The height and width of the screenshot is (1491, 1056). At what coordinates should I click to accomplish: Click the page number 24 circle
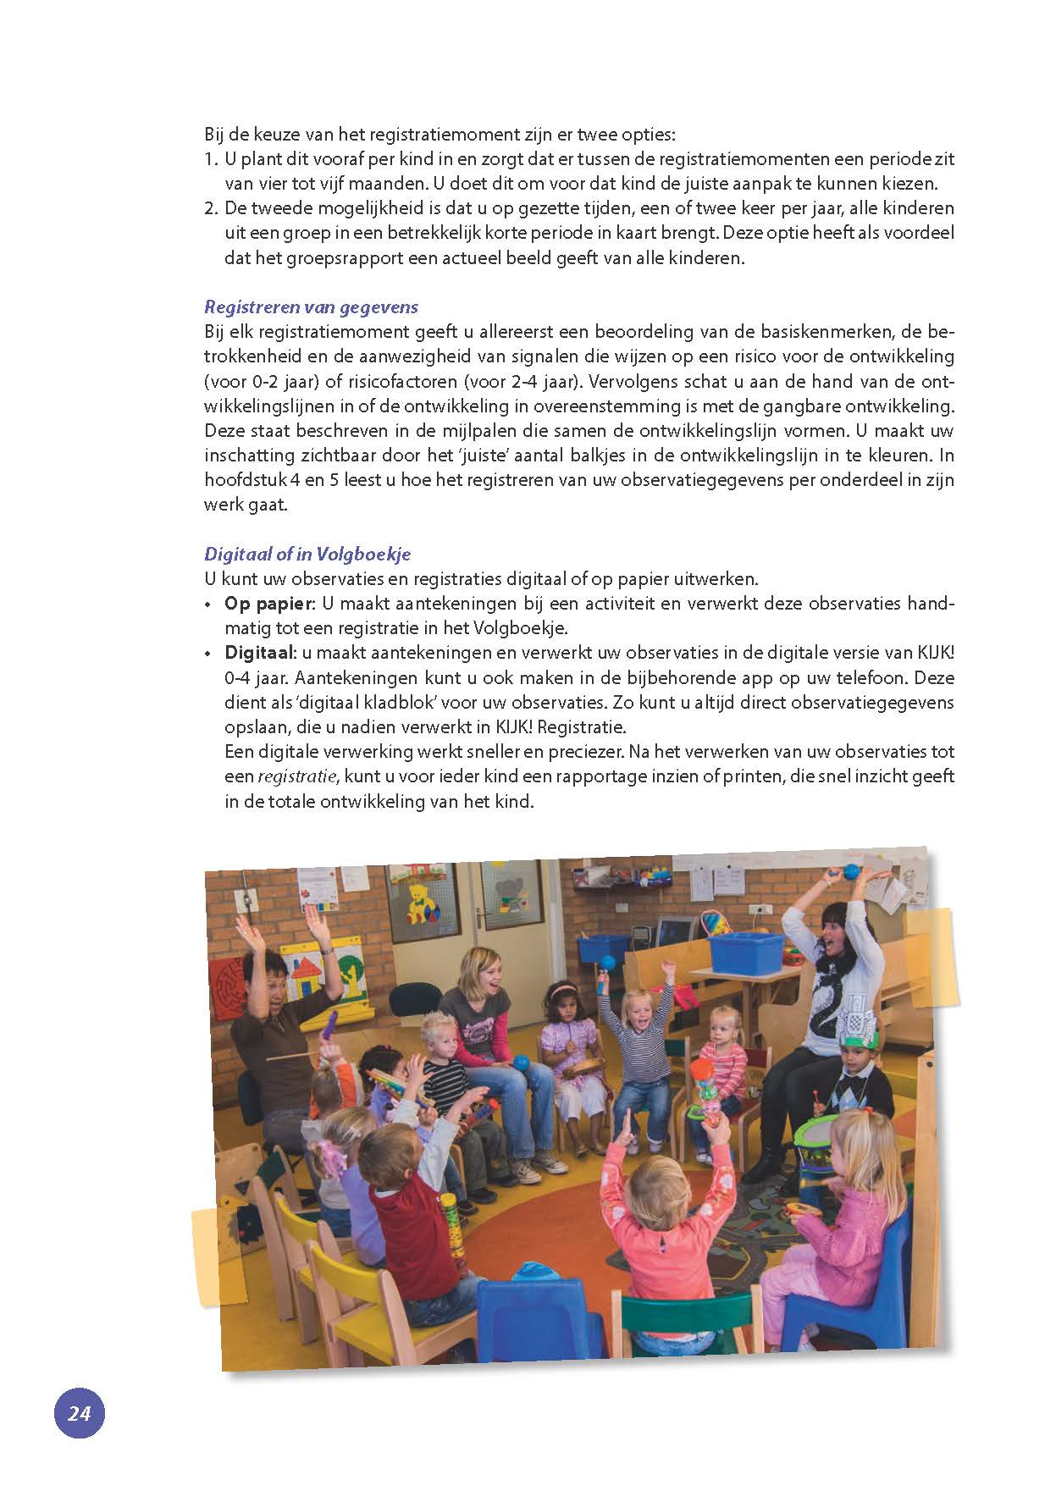tap(79, 1413)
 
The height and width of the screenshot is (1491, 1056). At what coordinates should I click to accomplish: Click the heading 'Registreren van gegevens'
tap(311, 306)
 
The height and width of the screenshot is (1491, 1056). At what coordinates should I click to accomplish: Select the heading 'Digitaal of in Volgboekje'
tap(307, 555)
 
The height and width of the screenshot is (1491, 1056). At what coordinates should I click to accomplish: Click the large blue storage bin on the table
tap(745, 952)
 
